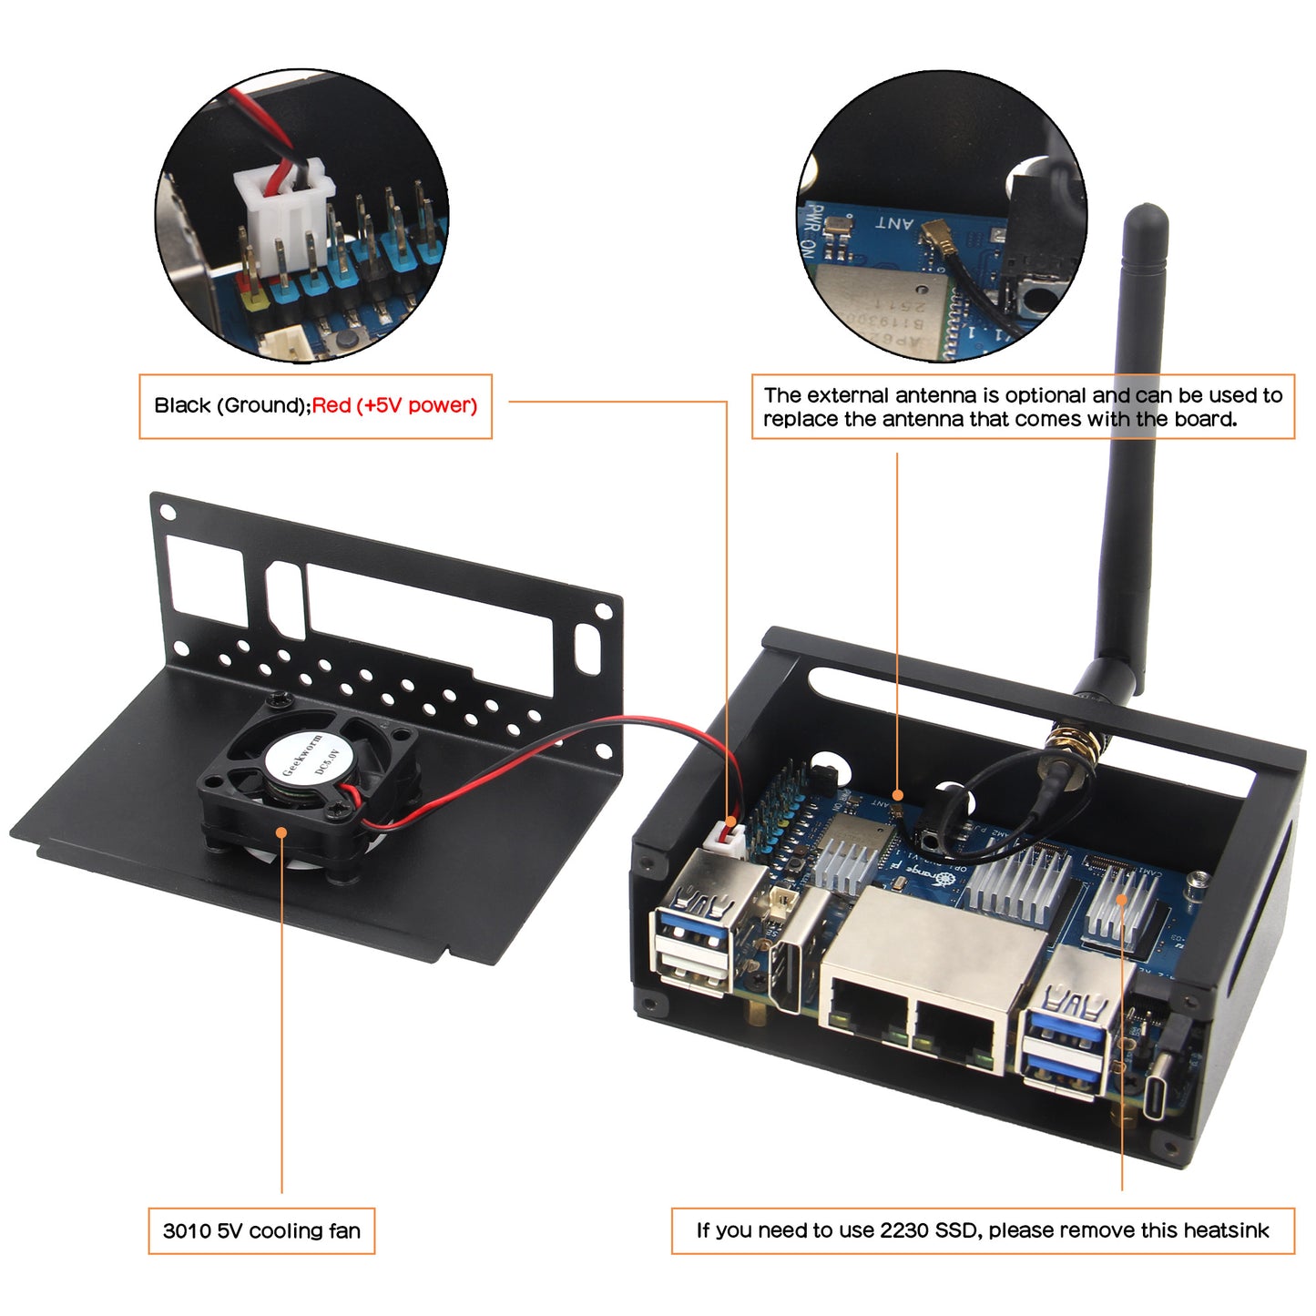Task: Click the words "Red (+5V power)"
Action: [394, 405]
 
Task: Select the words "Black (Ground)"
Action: [230, 405]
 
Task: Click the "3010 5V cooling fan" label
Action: [261, 1231]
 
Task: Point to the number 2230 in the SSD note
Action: [903, 1230]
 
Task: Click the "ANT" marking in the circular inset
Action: [893, 223]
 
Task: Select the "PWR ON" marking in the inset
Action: [810, 231]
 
